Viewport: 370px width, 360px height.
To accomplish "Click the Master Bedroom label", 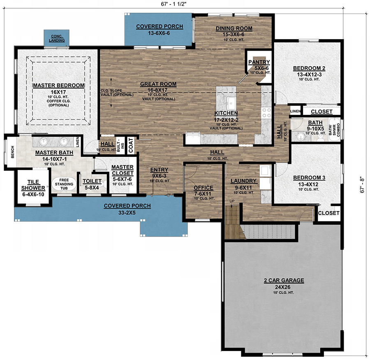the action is (58, 86).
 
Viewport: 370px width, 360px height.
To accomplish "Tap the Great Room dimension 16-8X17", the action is (157, 90).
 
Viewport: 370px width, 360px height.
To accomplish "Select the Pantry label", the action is (259, 62).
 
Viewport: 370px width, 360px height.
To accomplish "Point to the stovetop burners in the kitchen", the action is (267, 113).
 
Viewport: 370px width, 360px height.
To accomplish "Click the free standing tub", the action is (64, 184).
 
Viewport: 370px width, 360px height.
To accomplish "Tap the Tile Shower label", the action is (33, 185).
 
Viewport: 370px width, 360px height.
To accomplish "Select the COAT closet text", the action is (131, 146).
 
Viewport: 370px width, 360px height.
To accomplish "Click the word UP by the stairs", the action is (232, 201).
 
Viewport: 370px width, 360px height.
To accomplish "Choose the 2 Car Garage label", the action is (284, 281).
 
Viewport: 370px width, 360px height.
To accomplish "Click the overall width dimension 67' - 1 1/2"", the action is (173, 4).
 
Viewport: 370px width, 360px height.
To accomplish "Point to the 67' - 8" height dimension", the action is (362, 185).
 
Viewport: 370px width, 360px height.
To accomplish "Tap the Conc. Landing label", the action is (57, 38).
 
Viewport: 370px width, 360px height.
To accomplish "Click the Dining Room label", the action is (234, 28).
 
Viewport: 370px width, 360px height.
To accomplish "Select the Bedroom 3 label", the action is (309, 178).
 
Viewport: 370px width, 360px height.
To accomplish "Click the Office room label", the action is (203, 188).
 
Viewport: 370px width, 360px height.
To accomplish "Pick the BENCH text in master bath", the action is (12, 152).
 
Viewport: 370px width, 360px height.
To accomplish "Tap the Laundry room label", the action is (243, 181).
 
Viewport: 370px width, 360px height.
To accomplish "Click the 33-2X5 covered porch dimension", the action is (127, 213).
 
